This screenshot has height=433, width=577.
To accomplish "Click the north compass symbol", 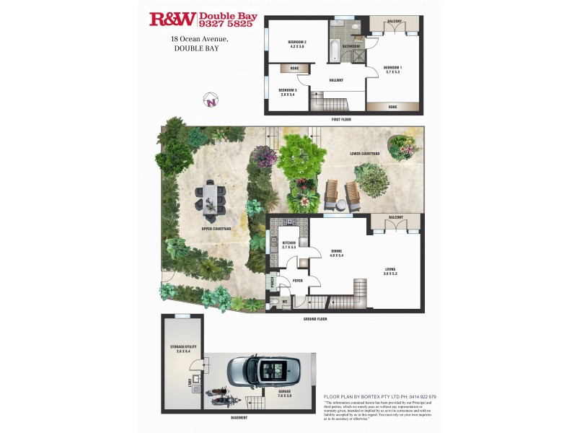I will [x=211, y=101].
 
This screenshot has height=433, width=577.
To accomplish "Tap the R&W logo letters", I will [x=172, y=19].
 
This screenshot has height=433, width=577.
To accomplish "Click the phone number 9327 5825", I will [x=227, y=24].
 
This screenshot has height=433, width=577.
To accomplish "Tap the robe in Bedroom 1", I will [x=392, y=107].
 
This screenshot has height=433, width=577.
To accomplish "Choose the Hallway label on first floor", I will [x=335, y=80].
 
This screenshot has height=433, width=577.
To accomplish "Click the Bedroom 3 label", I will [x=288, y=91].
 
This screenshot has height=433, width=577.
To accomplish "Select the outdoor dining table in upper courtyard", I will [x=210, y=199].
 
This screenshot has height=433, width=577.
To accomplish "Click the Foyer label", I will [x=297, y=281].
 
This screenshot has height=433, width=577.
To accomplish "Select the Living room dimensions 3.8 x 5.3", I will [x=390, y=274].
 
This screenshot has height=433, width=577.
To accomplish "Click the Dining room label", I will [x=336, y=250].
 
